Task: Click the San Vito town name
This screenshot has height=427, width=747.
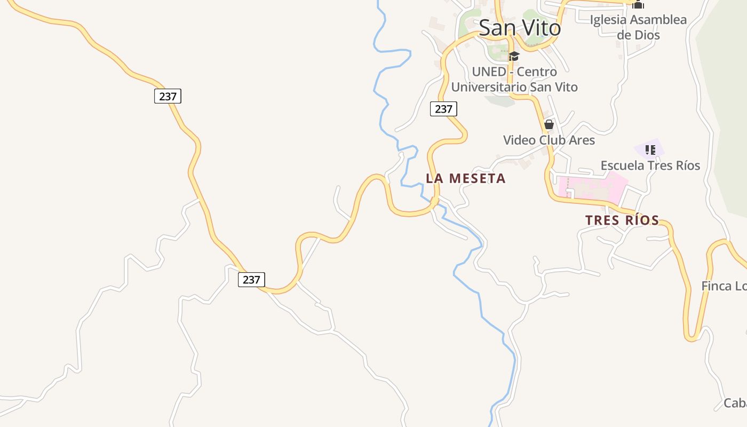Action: pyautogui.click(x=520, y=28)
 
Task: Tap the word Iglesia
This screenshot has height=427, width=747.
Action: pyautogui.click(x=609, y=20)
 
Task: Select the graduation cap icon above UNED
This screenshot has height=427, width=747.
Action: pyautogui.click(x=514, y=56)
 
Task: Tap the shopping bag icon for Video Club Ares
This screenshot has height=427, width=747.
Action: pyautogui.click(x=549, y=125)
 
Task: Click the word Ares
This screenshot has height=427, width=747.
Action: pyautogui.click(x=581, y=140)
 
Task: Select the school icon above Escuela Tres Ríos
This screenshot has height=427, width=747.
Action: pyautogui.click(x=650, y=149)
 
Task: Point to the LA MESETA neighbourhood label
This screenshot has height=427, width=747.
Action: pyautogui.click(x=465, y=178)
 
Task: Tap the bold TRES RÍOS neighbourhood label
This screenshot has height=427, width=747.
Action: pyautogui.click(x=622, y=220)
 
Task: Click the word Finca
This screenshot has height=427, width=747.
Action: pyautogui.click(x=716, y=286)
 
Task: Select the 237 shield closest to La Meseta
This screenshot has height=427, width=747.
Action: pyautogui.click(x=443, y=109)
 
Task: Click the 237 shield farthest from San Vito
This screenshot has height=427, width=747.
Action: pyautogui.click(x=168, y=96)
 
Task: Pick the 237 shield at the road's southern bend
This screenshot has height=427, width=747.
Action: pyautogui.click(x=251, y=279)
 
